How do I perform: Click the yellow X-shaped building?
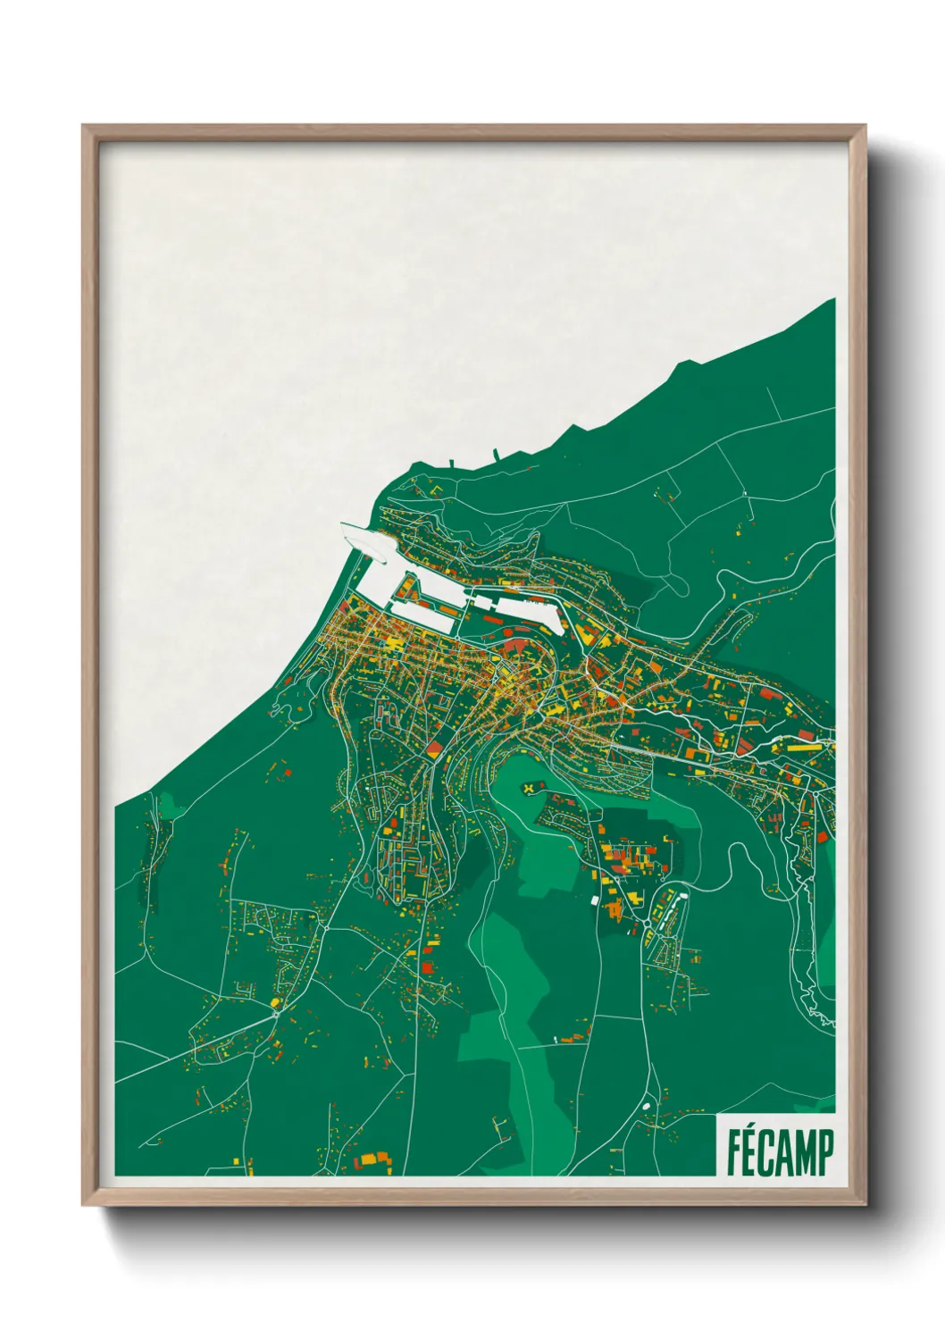click(531, 788)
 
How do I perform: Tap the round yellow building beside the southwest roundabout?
click(273, 1003)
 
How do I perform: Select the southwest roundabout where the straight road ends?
click(279, 1012)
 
